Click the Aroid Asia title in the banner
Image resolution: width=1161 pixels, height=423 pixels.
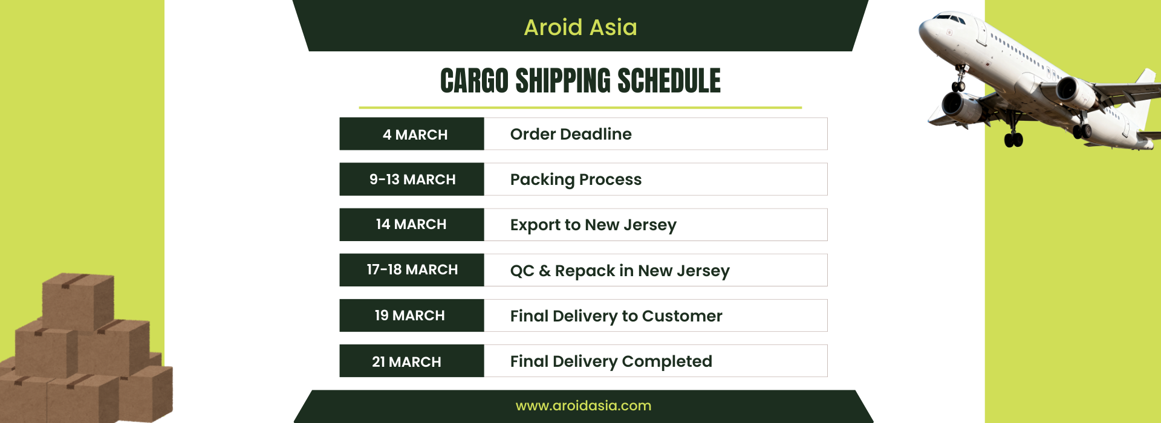580,27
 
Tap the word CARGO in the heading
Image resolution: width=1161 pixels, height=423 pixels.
474,81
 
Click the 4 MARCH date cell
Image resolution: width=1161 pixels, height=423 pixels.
412,134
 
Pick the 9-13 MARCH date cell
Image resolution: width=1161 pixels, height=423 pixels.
412,179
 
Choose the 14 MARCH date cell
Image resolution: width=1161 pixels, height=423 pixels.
412,224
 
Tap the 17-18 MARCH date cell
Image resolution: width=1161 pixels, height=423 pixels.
412,270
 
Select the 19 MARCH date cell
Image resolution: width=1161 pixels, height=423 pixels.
412,315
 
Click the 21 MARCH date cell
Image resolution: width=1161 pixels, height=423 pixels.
412,361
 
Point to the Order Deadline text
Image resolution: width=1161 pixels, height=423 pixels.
571,134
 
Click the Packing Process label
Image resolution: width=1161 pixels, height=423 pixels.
576,179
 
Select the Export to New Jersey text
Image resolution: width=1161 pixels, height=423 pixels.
593,225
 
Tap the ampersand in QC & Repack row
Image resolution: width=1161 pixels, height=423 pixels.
545,271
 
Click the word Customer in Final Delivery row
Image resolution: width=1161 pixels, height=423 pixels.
682,315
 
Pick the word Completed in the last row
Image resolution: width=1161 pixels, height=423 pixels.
667,361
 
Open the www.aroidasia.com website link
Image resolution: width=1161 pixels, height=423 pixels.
584,405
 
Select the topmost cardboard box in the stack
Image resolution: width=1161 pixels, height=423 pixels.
78,300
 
